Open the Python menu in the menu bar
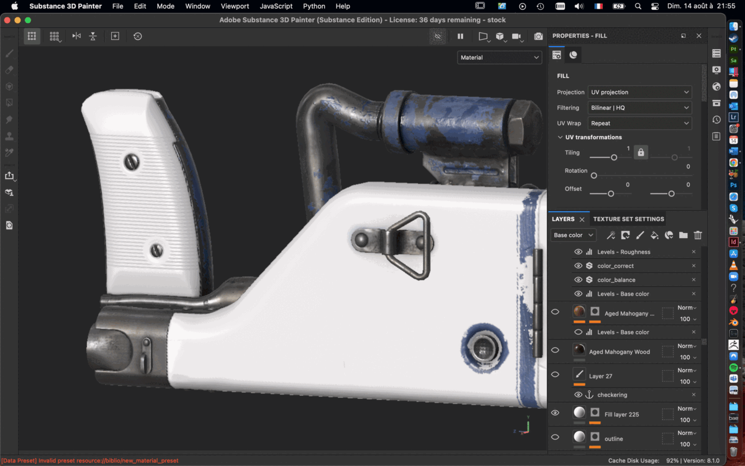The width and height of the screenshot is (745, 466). tap(314, 6)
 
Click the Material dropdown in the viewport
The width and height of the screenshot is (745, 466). tap(500, 58)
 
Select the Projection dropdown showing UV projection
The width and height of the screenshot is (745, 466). tap(639, 92)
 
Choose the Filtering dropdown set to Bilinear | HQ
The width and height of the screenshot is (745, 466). tap(639, 107)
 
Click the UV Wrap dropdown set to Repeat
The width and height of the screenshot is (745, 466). tap(639, 123)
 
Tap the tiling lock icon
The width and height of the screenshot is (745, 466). tap(641, 152)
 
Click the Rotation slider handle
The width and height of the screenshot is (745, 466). tap(594, 176)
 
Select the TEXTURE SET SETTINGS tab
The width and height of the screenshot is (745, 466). tap(628, 219)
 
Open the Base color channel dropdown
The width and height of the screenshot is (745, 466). tap(573, 235)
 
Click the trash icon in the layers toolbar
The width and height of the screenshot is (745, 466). tap(698, 235)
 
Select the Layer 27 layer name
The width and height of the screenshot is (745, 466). tap(600, 376)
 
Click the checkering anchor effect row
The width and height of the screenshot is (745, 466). tap(612, 395)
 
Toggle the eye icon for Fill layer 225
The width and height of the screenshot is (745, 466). tap(555, 413)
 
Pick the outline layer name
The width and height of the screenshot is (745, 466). tap(613, 439)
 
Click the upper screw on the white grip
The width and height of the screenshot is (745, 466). tap(132, 162)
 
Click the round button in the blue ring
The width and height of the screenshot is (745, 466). tap(484, 348)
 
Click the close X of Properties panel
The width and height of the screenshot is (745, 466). tap(698, 36)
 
